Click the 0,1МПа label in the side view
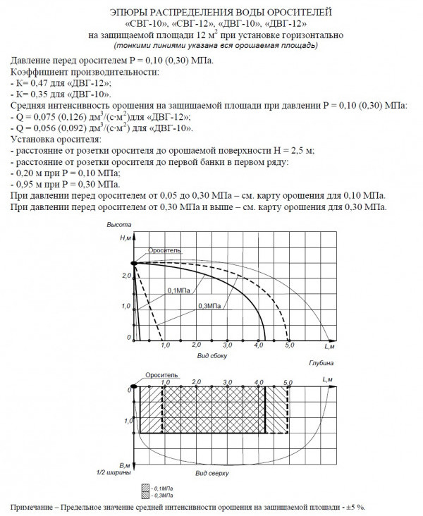pos(178,290)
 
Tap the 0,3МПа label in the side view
pos(209,305)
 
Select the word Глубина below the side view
pos(321,362)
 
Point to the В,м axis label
pos(125,465)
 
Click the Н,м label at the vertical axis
pos(125,238)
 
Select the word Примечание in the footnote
pos(35,507)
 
